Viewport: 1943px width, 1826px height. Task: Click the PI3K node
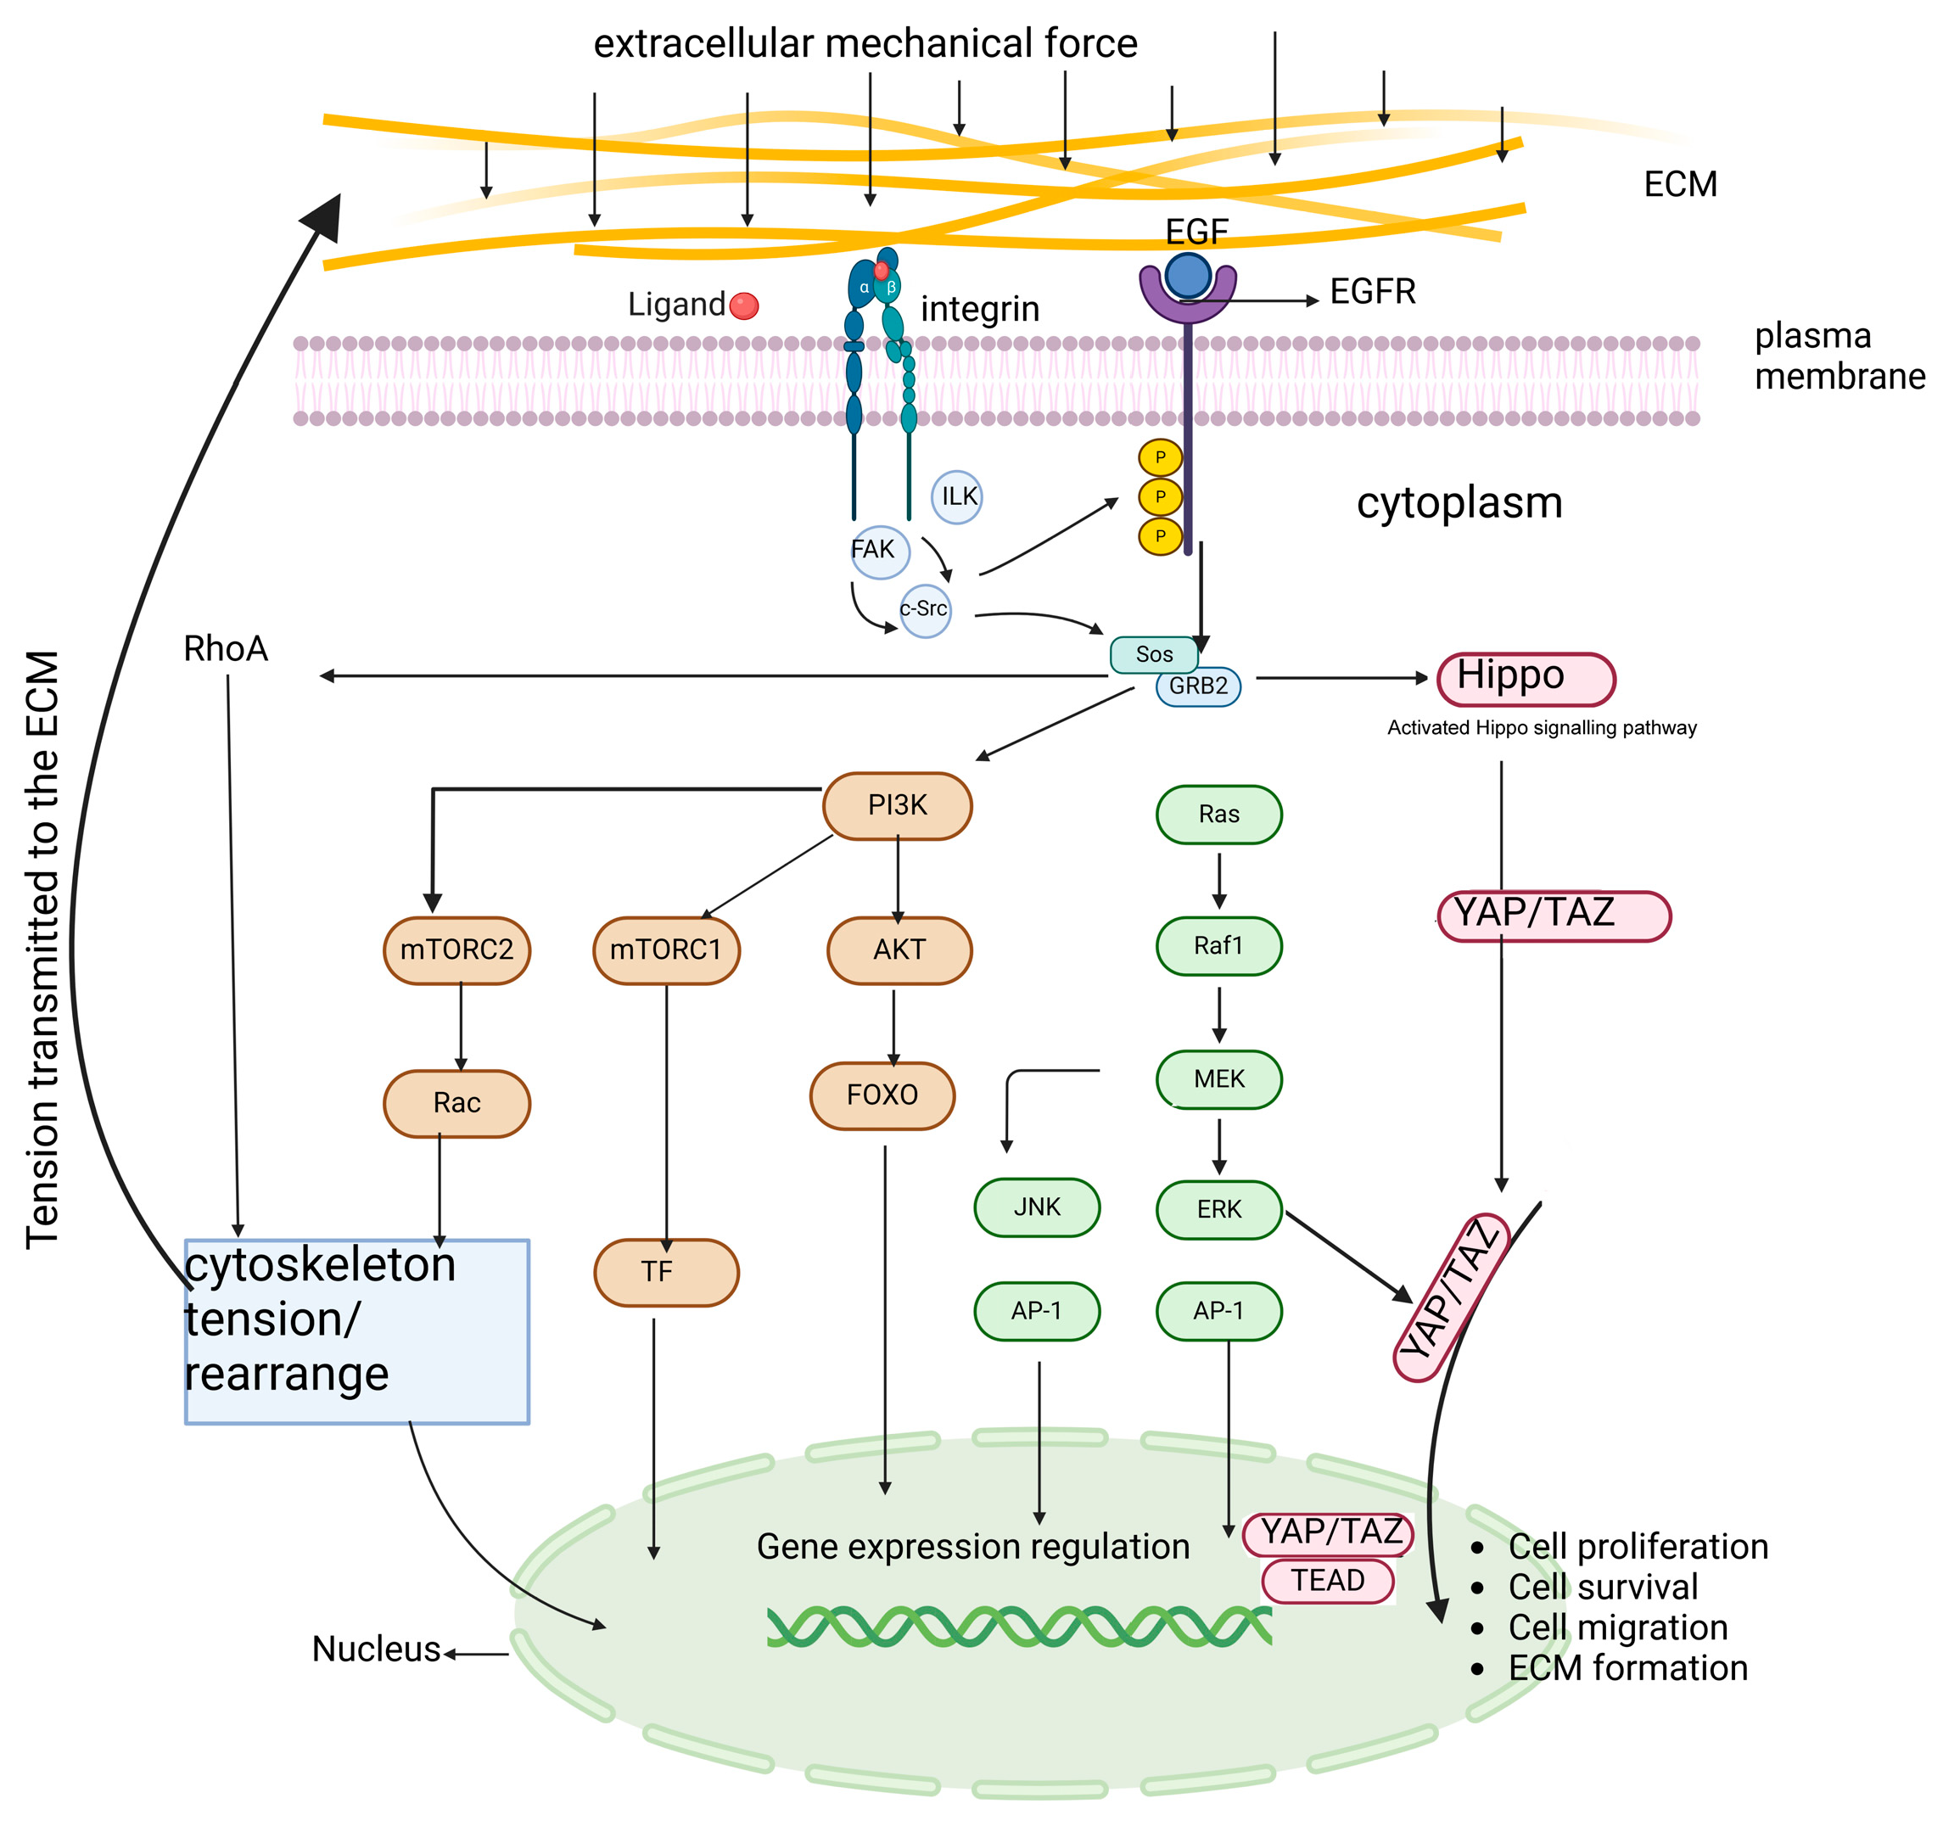coord(897,805)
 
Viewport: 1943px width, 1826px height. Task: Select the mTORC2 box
coord(456,950)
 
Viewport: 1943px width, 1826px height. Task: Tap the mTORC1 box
coord(665,950)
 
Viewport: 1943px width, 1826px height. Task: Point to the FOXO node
coord(882,1095)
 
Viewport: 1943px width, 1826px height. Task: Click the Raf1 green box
coord(1218,945)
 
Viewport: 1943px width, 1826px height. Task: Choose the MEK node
coord(1218,1079)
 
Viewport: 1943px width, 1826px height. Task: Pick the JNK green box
coord(1036,1207)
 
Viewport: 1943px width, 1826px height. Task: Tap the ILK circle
coord(957,496)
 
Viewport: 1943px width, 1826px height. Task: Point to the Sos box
coord(1153,654)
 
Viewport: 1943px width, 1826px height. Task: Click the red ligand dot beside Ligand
coord(744,306)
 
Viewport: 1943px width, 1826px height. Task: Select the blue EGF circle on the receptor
coord(1189,276)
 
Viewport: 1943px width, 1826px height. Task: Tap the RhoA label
coord(226,649)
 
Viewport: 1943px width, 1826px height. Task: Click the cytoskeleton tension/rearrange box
coord(356,1331)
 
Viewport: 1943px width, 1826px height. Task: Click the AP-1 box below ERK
coord(1218,1311)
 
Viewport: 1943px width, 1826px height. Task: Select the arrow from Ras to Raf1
coord(1218,880)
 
